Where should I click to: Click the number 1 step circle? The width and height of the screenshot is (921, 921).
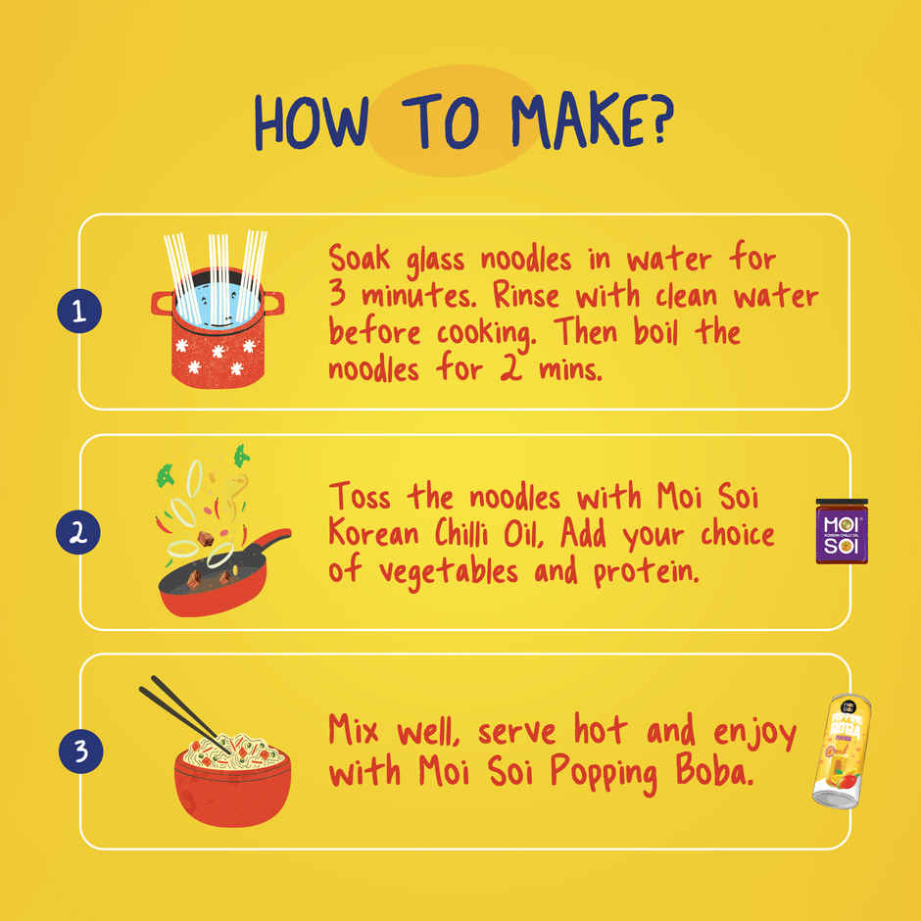(x=79, y=311)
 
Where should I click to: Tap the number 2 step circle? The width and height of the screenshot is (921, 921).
(x=78, y=532)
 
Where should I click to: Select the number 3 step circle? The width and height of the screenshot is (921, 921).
(x=81, y=751)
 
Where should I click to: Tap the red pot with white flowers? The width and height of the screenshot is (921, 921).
(x=218, y=329)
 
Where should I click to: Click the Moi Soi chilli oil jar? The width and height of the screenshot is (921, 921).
(x=842, y=531)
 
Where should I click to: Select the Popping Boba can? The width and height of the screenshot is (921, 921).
(x=841, y=751)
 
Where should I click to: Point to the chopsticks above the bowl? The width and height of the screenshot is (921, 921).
(x=185, y=713)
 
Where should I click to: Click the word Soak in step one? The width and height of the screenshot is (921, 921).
(x=359, y=258)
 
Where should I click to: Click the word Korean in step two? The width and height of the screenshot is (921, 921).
(x=373, y=533)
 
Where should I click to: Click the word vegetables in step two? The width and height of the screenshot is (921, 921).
(x=449, y=572)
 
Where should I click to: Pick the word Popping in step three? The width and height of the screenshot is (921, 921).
(x=604, y=773)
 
